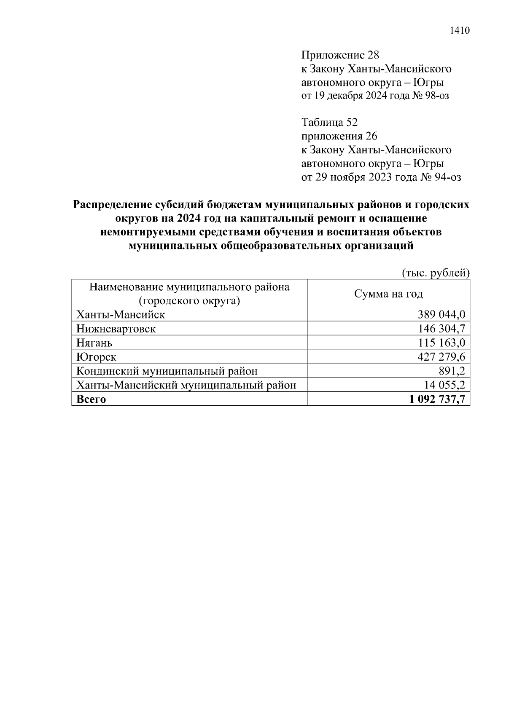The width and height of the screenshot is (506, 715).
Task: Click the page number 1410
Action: pyautogui.click(x=460, y=30)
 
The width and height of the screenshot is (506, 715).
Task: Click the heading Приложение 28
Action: pyautogui.click(x=340, y=55)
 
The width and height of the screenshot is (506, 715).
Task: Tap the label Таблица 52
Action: pyautogui.click(x=329, y=123)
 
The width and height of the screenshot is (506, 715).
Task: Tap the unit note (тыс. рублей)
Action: pyautogui.click(x=435, y=273)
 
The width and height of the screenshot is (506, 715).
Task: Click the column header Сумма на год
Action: pyautogui.click(x=388, y=294)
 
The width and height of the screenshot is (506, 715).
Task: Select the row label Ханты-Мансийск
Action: pyautogui.click(x=120, y=314)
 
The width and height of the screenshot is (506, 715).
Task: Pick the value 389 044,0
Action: pyautogui.click(x=441, y=314)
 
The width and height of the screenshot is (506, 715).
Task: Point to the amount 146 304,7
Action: pyautogui.click(x=441, y=329)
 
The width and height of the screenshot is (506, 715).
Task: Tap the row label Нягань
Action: pyautogui.click(x=94, y=343)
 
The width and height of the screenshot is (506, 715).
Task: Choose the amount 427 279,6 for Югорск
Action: pyautogui.click(x=441, y=357)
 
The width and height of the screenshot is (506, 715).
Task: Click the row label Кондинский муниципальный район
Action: pyautogui.click(x=167, y=371)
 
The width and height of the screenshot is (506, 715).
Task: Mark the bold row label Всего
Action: pyautogui.click(x=91, y=399)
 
